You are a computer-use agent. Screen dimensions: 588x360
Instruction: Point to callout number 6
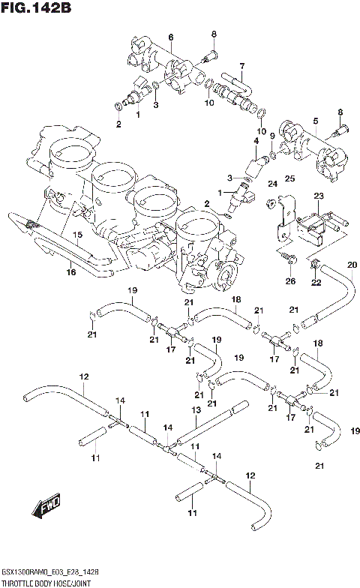coord(170,37)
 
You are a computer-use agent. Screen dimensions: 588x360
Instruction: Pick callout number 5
coord(316,120)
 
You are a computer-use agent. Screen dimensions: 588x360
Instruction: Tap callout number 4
coord(255,140)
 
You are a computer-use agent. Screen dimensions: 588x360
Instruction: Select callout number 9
coord(272,136)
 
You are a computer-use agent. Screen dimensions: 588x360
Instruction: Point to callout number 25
coord(290,178)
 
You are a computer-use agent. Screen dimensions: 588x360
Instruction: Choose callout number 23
coord(318,195)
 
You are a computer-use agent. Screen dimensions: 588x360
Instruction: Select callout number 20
coord(352,265)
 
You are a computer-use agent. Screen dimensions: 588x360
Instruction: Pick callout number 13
coord(196,410)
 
